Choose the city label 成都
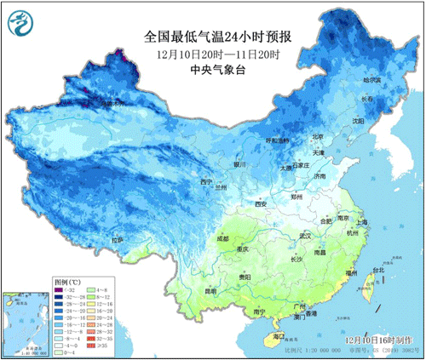pos(222,239)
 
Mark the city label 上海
pos(362,222)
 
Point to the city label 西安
pos(261,204)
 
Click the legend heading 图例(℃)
pos(67,280)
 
